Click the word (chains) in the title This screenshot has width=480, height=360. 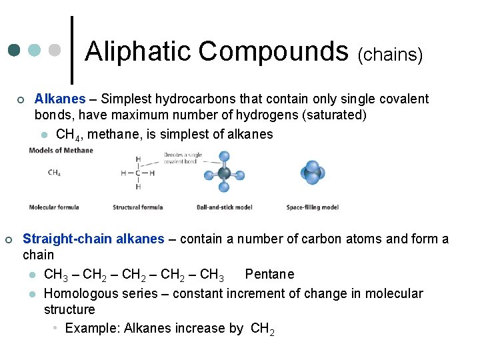coord(391,55)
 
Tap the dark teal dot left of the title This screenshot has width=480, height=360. coord(14,51)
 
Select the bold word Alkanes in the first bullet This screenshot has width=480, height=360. coord(60,99)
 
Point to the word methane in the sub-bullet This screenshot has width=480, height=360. coord(111,134)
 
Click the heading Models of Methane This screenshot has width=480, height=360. coord(61,150)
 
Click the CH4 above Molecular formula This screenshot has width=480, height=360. coord(55,173)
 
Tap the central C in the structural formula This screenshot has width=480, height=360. coord(138,173)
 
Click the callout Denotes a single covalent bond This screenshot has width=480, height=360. coord(183,157)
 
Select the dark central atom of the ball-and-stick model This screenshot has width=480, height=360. coord(224,173)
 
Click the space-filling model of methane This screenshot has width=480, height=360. coord(312,173)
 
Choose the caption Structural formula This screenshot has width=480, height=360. coord(137,207)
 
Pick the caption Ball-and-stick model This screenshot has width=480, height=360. coord(224,207)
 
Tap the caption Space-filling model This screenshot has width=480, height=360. coord(312,207)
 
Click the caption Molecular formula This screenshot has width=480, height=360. coord(54,207)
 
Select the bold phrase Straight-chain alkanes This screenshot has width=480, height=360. coord(93,239)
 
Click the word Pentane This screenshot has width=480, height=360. coord(269,274)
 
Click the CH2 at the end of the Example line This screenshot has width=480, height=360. coord(262,329)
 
